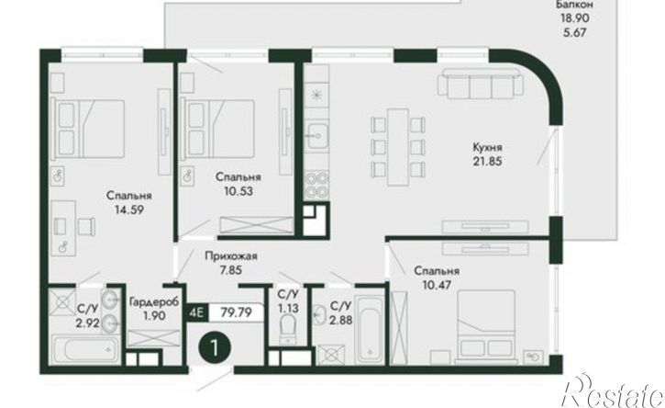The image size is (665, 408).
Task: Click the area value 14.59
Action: [129, 210]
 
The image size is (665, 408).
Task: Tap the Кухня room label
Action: [488, 147]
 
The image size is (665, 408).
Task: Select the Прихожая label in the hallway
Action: [231, 256]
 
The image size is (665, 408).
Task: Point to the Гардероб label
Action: [154, 301]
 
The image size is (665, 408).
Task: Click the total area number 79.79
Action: [237, 312]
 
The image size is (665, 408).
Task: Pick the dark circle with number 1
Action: [215, 348]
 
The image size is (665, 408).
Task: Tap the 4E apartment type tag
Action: [197, 313]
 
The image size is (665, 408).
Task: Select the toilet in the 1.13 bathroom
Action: [289, 329]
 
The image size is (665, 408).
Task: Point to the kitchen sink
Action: [317, 136]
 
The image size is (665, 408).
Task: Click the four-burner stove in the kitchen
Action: [316, 184]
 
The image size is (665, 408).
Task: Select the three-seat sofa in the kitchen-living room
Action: [481, 83]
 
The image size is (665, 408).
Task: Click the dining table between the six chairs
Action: [398, 147]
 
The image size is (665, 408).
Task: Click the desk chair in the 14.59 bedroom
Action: [86, 225]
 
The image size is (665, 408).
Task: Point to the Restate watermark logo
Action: [613, 391]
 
